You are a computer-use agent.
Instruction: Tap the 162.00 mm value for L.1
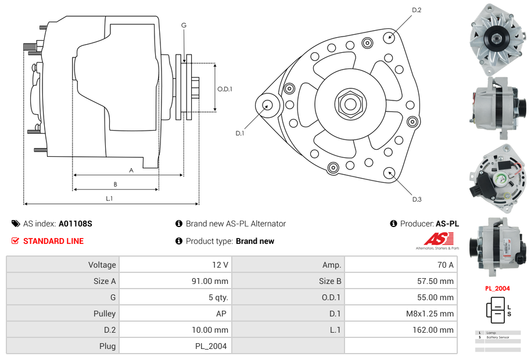click(437, 330)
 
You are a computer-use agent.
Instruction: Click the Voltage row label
click(102, 265)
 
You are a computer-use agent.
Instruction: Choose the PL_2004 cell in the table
click(211, 346)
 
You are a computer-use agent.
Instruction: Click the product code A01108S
click(76, 224)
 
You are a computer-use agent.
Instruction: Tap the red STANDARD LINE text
click(53, 241)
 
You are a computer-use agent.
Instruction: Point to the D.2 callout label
click(417, 10)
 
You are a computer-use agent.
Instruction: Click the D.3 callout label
click(417, 199)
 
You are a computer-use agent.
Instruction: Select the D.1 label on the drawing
click(239, 133)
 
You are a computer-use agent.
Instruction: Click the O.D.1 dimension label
click(225, 89)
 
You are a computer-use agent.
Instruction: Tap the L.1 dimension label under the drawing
click(109, 199)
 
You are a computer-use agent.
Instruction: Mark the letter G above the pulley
click(184, 26)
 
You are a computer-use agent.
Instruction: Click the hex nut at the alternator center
click(350, 104)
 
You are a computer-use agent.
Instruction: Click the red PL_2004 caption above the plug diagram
click(497, 288)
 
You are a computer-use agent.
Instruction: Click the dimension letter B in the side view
click(115, 185)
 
